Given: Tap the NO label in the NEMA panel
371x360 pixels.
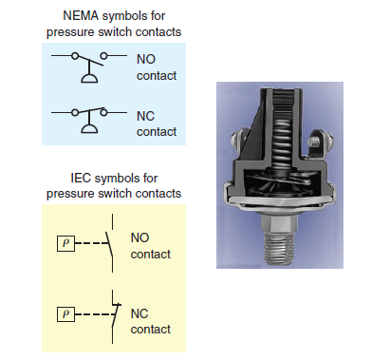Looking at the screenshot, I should click(x=146, y=58).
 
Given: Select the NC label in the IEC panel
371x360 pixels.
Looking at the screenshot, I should click(x=139, y=313).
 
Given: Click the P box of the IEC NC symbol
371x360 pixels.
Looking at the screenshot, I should click(x=65, y=312).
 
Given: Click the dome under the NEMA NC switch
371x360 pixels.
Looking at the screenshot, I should click(x=91, y=133).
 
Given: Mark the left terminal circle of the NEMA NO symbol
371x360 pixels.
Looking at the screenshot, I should click(x=75, y=57).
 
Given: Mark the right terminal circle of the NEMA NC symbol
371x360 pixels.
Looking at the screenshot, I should click(x=108, y=114).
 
